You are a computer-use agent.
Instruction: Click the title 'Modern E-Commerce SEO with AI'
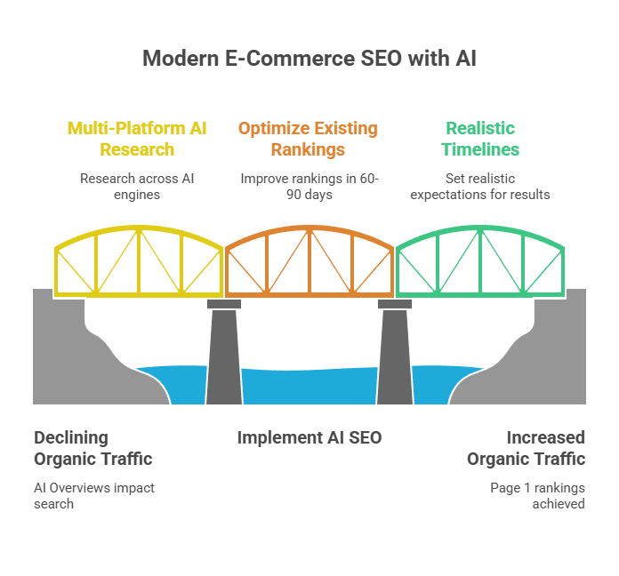(x=309, y=60)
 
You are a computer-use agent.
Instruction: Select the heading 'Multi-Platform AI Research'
(x=137, y=138)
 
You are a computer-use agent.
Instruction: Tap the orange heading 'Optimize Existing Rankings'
(x=308, y=138)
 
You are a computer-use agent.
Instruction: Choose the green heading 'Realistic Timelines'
(x=480, y=138)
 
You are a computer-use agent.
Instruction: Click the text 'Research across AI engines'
(x=137, y=186)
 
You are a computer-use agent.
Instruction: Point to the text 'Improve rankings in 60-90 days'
(x=308, y=186)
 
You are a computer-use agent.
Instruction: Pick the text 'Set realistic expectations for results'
(x=480, y=186)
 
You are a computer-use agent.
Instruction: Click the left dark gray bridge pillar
(x=223, y=356)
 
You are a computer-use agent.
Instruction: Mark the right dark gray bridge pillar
(x=394, y=356)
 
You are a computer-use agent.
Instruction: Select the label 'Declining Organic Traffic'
(x=93, y=448)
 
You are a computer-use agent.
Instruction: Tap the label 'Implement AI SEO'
(x=309, y=437)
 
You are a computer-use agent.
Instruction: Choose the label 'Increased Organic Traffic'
(x=527, y=448)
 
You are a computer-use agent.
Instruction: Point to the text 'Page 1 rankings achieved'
(x=537, y=495)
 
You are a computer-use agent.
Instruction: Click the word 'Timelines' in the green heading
(x=480, y=148)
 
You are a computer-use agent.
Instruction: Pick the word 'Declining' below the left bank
(x=71, y=437)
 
